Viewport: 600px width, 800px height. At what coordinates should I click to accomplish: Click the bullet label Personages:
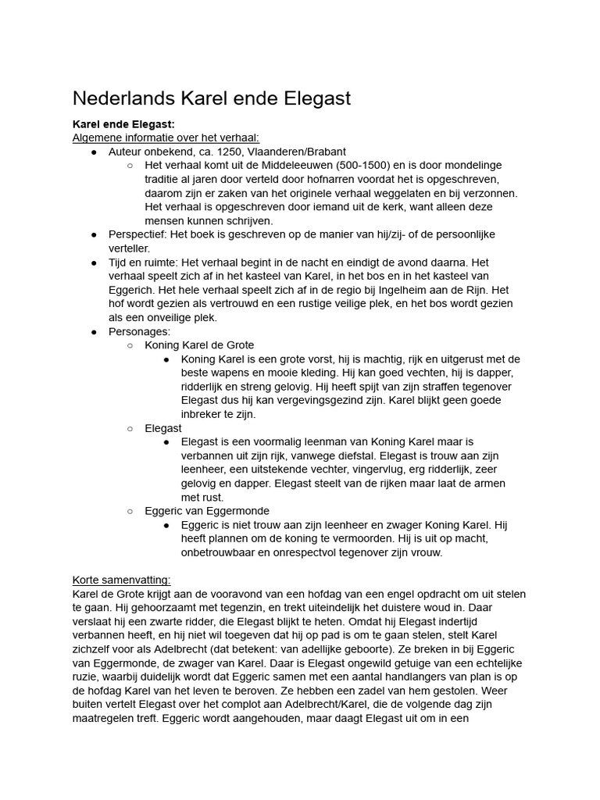(139, 331)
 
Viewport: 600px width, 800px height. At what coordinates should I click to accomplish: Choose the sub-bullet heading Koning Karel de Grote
(199, 345)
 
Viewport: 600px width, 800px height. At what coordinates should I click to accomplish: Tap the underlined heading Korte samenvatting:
(121, 580)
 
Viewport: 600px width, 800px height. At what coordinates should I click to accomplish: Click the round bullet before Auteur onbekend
(94, 152)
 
